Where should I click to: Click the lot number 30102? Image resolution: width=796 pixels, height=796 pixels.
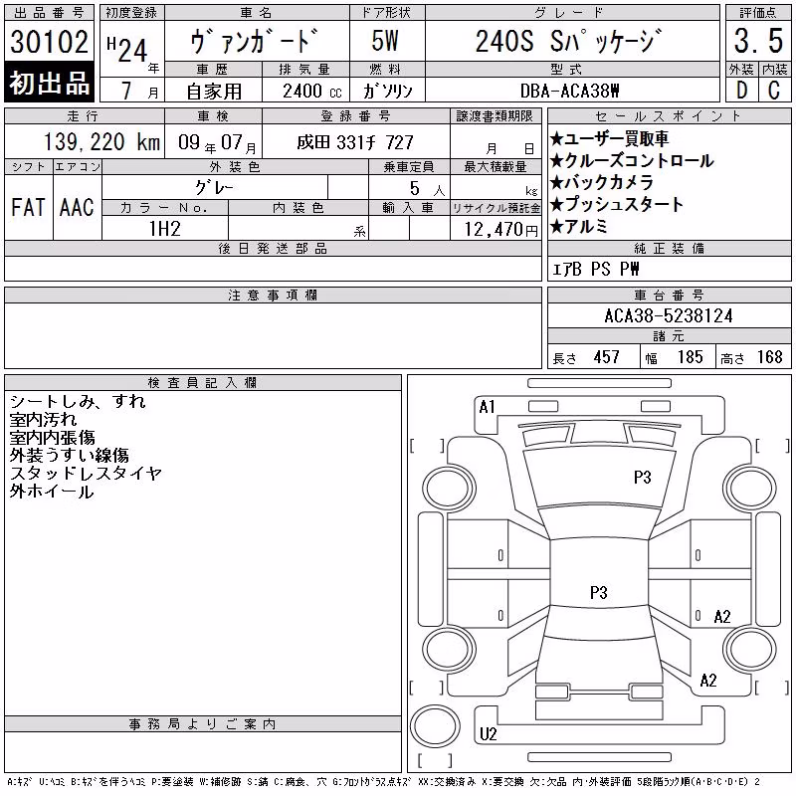[49, 42]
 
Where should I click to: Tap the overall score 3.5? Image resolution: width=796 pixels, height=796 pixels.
[758, 41]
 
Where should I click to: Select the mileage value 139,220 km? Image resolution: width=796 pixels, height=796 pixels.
[101, 142]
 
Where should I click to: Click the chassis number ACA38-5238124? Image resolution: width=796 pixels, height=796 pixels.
[669, 316]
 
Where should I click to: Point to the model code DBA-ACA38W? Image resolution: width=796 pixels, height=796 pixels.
[570, 91]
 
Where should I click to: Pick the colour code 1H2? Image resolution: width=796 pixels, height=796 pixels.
[165, 229]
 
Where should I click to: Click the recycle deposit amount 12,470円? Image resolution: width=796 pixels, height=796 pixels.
[500, 230]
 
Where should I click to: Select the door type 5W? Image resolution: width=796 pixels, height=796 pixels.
[385, 41]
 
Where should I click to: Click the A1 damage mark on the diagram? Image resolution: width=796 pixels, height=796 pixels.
[487, 407]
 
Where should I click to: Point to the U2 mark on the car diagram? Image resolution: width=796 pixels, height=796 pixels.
[488, 734]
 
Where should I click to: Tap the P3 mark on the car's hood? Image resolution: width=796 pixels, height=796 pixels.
[642, 478]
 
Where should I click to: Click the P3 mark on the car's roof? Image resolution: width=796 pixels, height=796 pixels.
[599, 592]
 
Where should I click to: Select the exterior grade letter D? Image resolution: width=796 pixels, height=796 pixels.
[741, 91]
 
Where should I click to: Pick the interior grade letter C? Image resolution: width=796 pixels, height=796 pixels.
[774, 91]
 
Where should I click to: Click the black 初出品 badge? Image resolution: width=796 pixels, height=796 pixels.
[49, 83]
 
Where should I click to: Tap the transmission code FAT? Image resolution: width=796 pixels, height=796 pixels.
[28, 208]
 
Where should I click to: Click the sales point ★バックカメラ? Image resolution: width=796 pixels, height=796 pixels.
[602, 182]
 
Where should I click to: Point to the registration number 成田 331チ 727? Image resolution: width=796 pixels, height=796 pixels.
[355, 142]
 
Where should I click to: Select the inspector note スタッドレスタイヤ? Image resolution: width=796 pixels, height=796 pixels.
[86, 474]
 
